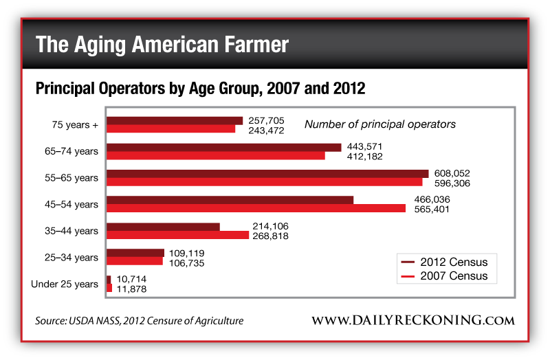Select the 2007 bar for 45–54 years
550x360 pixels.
point(256,208)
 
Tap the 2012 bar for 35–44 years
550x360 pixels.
point(163,227)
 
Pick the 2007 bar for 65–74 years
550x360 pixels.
point(215,156)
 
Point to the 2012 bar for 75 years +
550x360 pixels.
point(175,121)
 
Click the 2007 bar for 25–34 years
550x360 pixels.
point(135,261)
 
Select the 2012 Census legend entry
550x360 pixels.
point(444,262)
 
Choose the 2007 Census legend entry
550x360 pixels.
point(444,276)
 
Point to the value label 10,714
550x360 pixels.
point(131,280)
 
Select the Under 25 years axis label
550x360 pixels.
point(65,284)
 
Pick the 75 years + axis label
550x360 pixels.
point(75,125)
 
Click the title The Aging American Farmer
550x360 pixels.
point(162,45)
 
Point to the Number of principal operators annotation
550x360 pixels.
point(380,124)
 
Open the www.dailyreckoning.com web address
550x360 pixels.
point(412,321)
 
